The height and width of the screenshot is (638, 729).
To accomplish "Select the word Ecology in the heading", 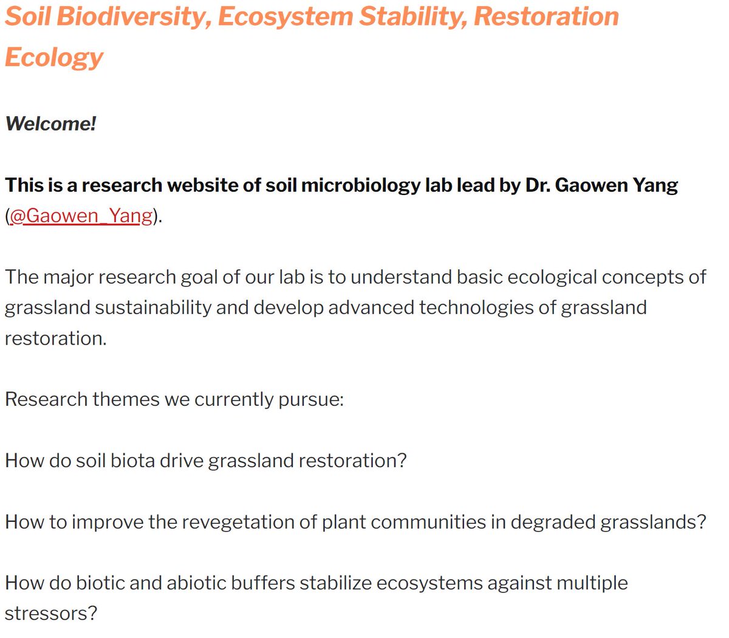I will pyautogui.click(x=54, y=57).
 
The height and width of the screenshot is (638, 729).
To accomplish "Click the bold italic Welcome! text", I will pyautogui.click(x=50, y=124).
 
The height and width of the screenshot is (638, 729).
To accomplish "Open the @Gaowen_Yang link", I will pyautogui.click(x=81, y=216).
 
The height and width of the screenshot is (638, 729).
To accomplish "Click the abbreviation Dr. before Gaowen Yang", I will pyautogui.click(x=537, y=185).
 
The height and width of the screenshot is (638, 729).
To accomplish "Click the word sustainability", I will pyautogui.click(x=153, y=307).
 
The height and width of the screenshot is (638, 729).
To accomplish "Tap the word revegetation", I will pyautogui.click(x=249, y=522).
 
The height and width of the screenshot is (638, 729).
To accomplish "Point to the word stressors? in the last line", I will pyautogui.click(x=51, y=614).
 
